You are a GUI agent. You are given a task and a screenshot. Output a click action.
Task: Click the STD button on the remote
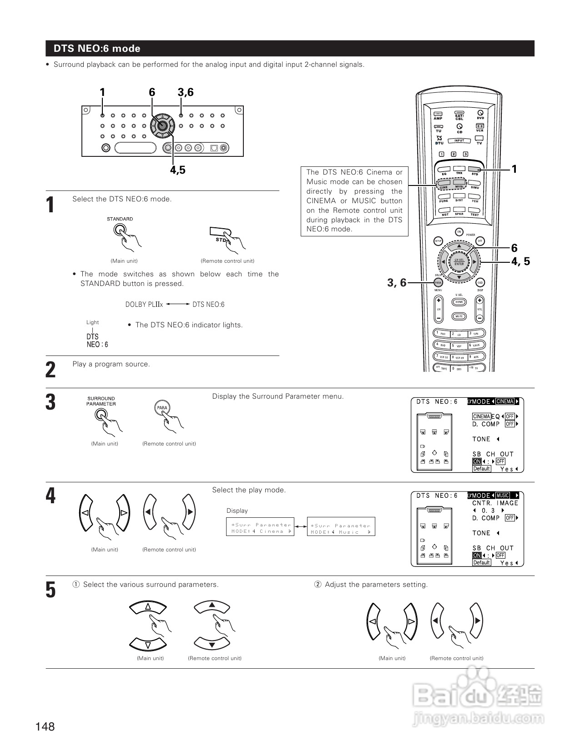[x=474, y=170]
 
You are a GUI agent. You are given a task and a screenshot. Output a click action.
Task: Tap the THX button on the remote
[x=459, y=169]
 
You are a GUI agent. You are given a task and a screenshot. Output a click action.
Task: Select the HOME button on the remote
[x=459, y=302]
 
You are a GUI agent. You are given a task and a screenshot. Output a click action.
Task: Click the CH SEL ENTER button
[x=459, y=262]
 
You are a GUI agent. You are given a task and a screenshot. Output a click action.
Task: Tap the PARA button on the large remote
[x=438, y=282]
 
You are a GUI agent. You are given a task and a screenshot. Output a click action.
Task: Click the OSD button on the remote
[x=480, y=282]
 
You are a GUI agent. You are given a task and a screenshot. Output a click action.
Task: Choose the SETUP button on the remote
[x=438, y=241]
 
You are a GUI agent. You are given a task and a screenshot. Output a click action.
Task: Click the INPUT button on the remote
[x=459, y=141]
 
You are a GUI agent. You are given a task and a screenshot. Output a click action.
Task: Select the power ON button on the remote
[x=459, y=231]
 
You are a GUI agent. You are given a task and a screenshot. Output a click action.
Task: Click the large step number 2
[x=50, y=370]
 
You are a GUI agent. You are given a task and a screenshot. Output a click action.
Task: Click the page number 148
[x=45, y=726]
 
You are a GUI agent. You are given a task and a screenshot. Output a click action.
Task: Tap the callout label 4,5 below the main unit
[x=177, y=170]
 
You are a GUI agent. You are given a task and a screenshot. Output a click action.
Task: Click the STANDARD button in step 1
[x=119, y=230]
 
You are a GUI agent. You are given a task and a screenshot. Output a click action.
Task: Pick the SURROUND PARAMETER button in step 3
[x=101, y=414]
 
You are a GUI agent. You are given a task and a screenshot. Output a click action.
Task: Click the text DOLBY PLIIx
[x=144, y=305]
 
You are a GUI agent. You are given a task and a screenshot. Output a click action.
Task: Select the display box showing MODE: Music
[x=341, y=526]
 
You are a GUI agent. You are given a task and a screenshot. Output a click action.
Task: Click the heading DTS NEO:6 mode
[x=97, y=49]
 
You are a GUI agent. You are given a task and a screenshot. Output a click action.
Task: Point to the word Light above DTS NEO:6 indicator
[x=92, y=322]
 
